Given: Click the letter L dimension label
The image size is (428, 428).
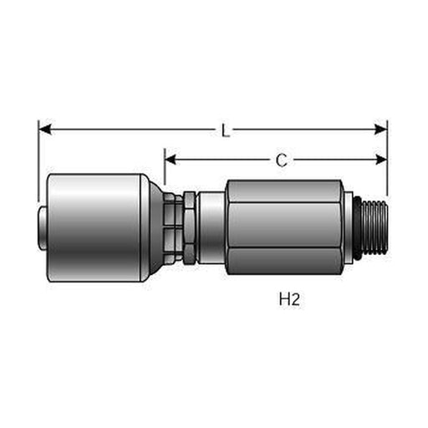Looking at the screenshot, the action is [x=226, y=130].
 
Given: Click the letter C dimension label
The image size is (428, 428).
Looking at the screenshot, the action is [x=282, y=160].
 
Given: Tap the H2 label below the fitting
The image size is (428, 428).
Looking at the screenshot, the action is [x=289, y=299].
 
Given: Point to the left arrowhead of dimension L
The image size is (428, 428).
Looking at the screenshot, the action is [x=45, y=130].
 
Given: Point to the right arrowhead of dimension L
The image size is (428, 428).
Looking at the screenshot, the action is [x=380, y=130].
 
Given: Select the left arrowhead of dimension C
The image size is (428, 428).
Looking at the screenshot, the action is [x=171, y=160].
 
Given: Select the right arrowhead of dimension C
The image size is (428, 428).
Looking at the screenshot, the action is [x=381, y=160].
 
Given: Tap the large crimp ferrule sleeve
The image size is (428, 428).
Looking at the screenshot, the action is [x=94, y=227].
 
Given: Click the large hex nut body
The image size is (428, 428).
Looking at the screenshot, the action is [x=284, y=227].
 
